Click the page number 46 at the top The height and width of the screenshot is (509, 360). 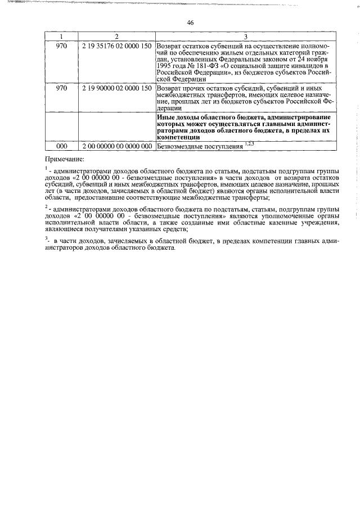190,22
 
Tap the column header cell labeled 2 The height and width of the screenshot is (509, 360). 116,36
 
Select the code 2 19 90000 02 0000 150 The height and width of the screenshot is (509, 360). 116,88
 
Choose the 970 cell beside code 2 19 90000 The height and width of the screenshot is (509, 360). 62,88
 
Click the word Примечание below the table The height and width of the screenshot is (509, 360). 64,159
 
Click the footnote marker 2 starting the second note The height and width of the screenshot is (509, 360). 47,207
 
